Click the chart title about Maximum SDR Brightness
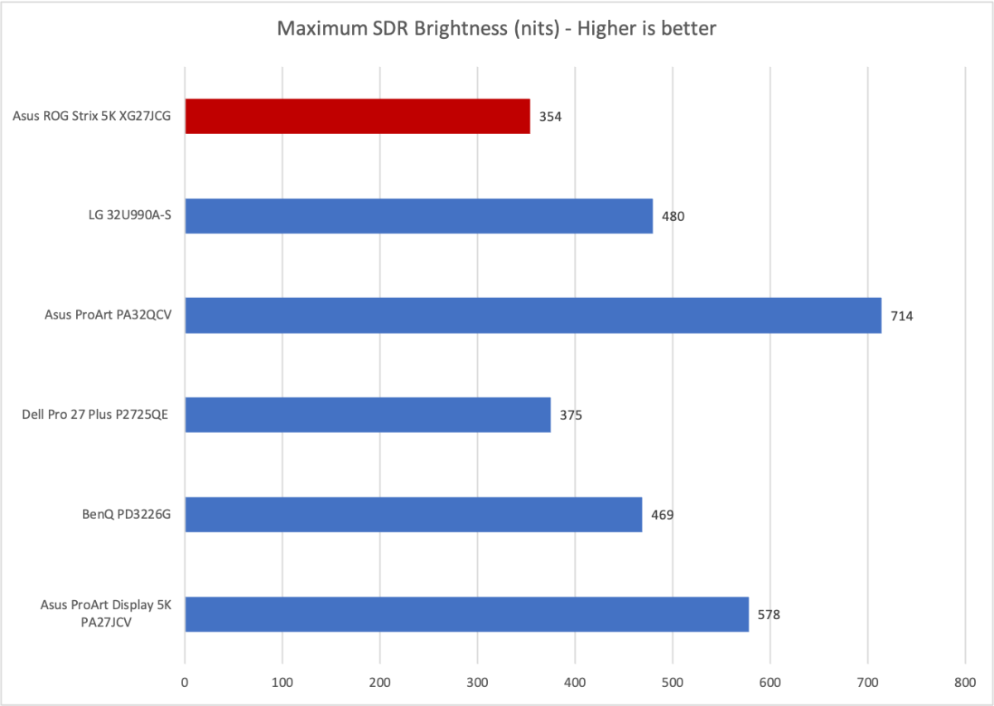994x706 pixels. coord(496,29)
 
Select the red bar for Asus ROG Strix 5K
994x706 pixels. coord(357,116)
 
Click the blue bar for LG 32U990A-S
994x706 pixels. coord(418,216)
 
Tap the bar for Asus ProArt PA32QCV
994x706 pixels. coord(533,315)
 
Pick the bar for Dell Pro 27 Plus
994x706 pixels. coord(368,415)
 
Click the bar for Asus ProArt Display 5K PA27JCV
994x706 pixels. coord(466,614)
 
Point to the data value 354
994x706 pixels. coord(550,117)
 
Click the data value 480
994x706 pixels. coord(673,216)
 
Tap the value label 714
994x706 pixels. coord(901,316)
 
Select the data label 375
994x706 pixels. coord(571,415)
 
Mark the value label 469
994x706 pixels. coord(662,515)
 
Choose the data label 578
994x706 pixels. coord(769,615)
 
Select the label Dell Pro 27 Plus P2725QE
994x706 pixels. coord(95,415)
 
